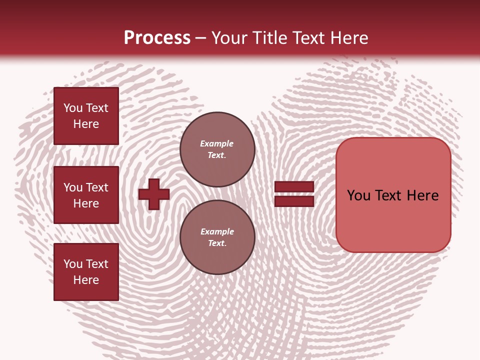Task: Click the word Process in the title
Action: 157,38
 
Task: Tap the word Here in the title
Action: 350,38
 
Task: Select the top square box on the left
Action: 86,116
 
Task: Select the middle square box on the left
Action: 86,195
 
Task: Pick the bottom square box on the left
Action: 86,272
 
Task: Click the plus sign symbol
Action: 154,194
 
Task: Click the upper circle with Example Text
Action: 217,149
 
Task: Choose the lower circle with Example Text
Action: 217,237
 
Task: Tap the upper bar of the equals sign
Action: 294,186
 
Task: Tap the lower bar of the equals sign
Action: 294,201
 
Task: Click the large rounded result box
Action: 393,194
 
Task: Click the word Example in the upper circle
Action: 217,143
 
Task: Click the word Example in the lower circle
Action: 217,231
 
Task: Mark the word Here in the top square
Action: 86,124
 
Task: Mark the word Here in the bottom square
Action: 86,280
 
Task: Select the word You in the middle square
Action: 73,187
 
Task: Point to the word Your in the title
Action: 230,38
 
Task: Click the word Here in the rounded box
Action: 422,195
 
